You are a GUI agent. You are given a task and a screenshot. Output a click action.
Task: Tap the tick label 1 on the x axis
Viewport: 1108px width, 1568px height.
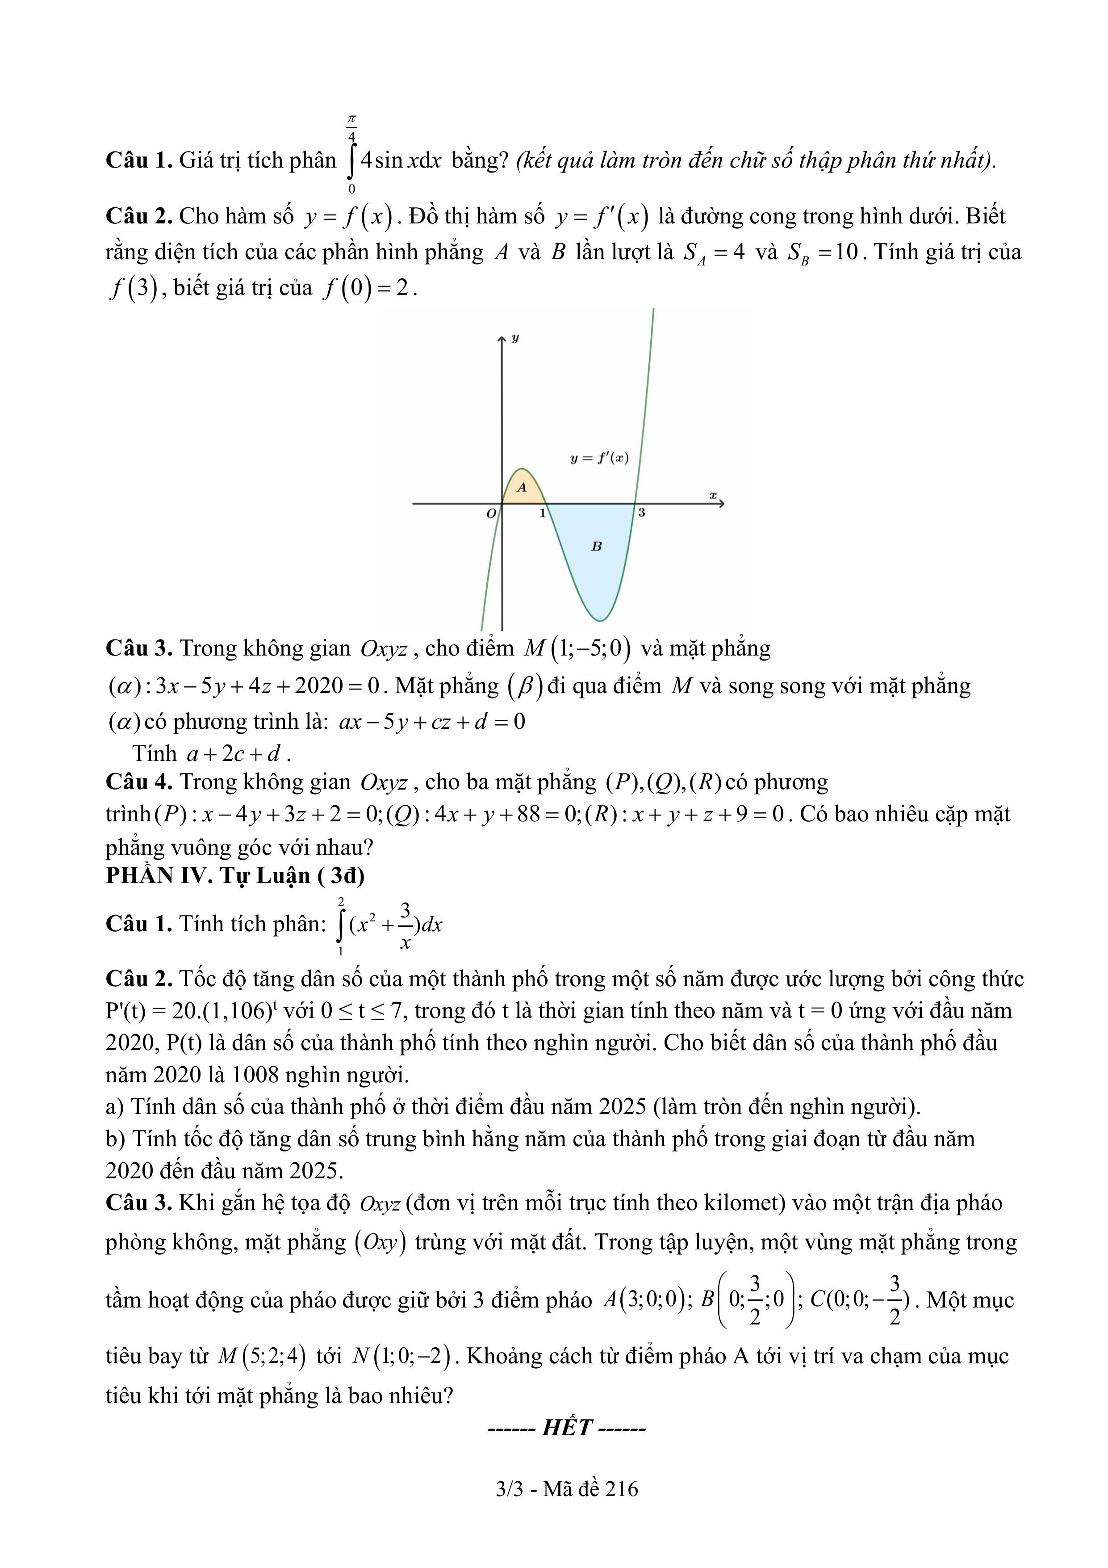pos(543,513)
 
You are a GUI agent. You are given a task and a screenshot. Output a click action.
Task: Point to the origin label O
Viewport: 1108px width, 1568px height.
pos(491,513)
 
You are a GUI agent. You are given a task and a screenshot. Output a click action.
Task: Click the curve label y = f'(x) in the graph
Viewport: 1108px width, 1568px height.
pos(599,458)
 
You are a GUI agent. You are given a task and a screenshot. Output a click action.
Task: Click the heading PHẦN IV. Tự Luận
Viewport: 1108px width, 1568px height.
pos(235,875)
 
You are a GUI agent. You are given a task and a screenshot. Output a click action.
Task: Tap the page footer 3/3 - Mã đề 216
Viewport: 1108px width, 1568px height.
pos(567,1489)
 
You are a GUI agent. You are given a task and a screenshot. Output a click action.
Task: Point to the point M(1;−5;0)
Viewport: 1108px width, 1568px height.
pos(577,647)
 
